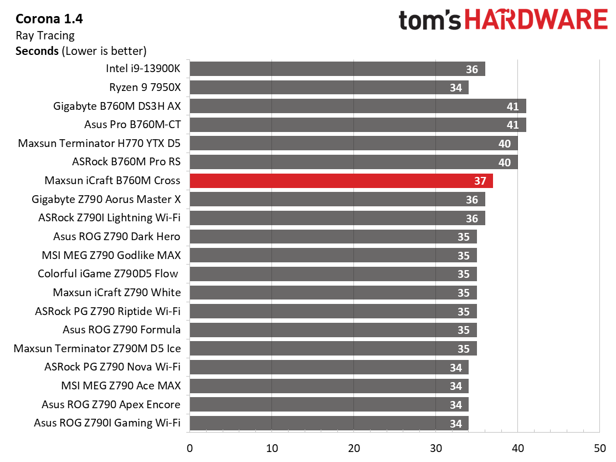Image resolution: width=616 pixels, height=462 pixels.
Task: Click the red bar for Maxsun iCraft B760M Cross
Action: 341,181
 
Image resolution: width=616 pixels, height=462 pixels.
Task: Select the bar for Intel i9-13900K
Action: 337,69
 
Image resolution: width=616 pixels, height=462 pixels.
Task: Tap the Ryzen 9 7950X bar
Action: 329,87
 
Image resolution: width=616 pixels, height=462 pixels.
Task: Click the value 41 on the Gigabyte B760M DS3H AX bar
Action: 512,106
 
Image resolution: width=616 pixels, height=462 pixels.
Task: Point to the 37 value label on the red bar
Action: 480,181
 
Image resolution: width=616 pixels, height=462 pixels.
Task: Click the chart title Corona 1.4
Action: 49,18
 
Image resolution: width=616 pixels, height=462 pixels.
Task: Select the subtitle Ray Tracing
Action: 45,35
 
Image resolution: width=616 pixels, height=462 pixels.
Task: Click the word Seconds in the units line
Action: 37,51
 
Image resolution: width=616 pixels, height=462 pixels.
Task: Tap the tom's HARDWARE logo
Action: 503,19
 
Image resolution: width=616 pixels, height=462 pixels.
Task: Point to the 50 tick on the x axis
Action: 599,448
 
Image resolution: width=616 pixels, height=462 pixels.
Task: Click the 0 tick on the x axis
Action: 190,448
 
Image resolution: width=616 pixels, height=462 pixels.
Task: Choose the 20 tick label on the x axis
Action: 353,448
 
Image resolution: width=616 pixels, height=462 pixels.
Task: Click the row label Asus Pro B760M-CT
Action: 132,125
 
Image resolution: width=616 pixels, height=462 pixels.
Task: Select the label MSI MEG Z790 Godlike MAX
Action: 111,255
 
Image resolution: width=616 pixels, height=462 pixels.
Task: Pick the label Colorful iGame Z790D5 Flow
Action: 108,273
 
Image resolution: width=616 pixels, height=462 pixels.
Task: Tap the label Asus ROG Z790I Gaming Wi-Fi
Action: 107,423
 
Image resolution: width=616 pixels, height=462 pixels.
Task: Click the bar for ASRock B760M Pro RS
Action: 353,162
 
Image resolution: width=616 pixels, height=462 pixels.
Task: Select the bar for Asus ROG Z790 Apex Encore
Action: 329,404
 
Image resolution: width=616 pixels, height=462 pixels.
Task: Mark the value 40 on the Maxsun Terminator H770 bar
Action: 505,144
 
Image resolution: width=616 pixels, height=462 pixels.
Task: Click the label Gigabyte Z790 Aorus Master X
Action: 106,199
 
